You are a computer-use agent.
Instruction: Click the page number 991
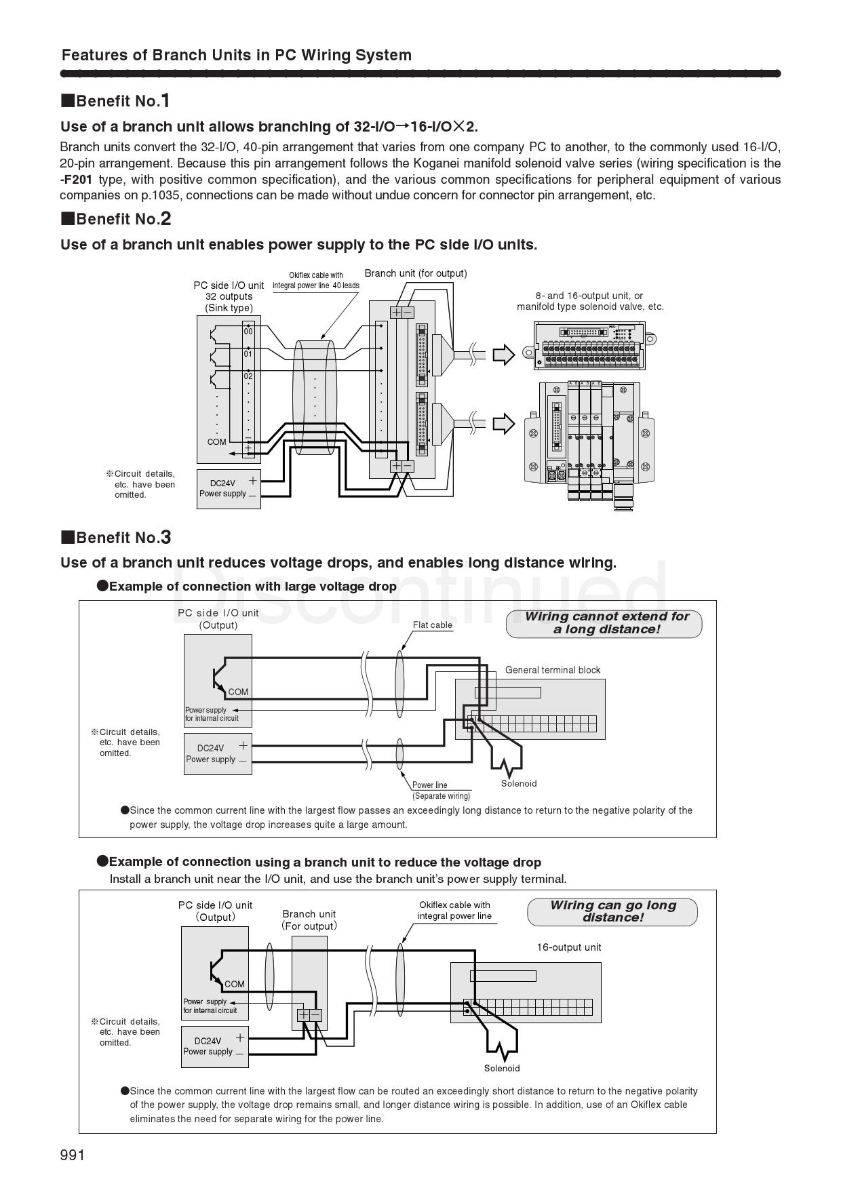(73, 1155)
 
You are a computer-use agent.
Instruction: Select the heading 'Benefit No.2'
(116, 219)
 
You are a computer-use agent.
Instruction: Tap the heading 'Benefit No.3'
(116, 538)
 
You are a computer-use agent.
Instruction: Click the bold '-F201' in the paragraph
(76, 180)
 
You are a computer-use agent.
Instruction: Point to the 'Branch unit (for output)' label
(416, 273)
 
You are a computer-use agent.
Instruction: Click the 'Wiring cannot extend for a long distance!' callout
(604, 623)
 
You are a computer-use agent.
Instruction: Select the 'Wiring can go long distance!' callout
(612, 911)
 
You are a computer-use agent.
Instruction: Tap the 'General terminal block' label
(553, 670)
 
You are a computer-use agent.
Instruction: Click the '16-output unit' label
(569, 947)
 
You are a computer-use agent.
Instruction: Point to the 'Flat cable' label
(433, 625)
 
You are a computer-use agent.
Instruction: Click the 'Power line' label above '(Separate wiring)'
(429, 785)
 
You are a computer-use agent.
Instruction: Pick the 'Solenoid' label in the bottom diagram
(502, 1069)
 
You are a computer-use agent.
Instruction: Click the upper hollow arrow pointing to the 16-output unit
(503, 355)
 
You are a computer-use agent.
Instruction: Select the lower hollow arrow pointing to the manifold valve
(503, 424)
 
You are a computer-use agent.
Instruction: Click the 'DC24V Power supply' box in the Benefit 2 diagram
(229, 489)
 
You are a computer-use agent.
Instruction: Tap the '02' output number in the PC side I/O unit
(248, 376)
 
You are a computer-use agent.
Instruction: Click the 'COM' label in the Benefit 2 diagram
(217, 442)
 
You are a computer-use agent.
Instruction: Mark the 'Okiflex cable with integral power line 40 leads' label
(316, 280)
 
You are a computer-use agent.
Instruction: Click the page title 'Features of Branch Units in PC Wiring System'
(237, 55)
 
